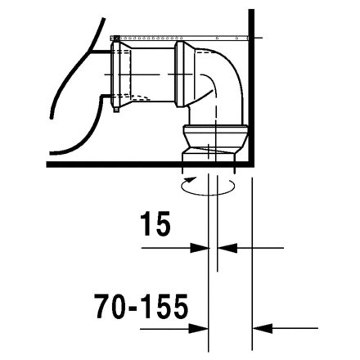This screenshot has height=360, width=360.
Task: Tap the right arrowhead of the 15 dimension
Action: [x=226, y=246]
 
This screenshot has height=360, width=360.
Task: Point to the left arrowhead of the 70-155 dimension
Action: [x=201, y=328]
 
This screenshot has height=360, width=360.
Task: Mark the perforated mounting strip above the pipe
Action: [x=180, y=36]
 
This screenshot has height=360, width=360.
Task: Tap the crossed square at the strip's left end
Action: [x=115, y=37]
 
